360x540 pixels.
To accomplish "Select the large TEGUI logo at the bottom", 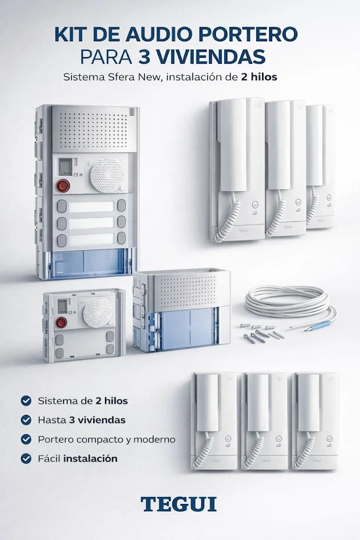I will [x=178, y=504].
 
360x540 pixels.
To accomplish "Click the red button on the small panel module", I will [x=60, y=322].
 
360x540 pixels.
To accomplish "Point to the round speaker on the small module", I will [x=97, y=310].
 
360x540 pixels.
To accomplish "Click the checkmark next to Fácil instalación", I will [x=26, y=458].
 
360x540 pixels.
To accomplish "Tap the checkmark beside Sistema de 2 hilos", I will [x=26, y=401].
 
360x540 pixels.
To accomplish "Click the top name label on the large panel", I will [x=91, y=207].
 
